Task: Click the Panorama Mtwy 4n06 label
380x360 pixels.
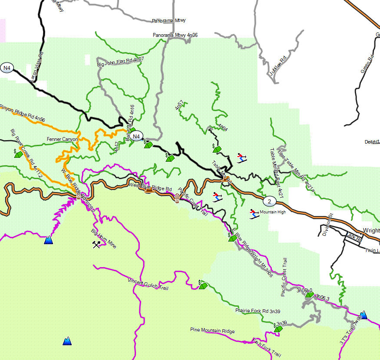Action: pos(175,35)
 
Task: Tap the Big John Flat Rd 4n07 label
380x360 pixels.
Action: pos(120,62)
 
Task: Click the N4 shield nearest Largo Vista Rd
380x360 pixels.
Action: pos(7,68)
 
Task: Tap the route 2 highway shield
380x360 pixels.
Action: pos(269,201)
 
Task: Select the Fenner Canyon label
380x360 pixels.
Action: pos(62,139)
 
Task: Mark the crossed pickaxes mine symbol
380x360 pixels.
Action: pos(96,244)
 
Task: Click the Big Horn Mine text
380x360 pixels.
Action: pos(103,239)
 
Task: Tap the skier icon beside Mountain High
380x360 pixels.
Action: pos(254,213)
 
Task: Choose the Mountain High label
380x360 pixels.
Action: pos(273,213)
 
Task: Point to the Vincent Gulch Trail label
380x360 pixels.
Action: pos(148,285)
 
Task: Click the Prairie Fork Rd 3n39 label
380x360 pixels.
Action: pos(258,311)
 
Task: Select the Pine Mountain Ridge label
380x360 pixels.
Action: pos(212,331)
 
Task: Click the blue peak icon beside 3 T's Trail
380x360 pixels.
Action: pos(363,315)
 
